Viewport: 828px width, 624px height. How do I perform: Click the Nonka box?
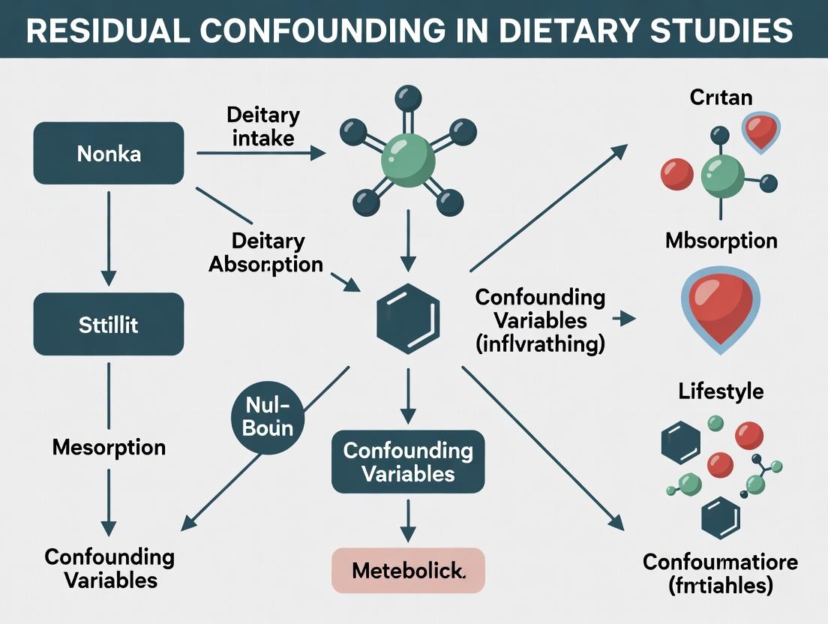click(x=109, y=154)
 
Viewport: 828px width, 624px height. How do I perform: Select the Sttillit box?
click(x=109, y=324)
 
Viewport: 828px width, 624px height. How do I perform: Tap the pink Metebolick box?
click(x=408, y=571)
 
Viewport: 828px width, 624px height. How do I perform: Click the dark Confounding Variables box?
click(x=408, y=461)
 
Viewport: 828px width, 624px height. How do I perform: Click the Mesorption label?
click(x=109, y=448)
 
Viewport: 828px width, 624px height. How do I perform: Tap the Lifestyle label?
click(x=721, y=391)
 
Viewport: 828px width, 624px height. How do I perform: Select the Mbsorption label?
click(x=721, y=241)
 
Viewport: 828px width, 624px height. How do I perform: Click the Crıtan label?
click(x=721, y=97)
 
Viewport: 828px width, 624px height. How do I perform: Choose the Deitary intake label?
click(x=262, y=127)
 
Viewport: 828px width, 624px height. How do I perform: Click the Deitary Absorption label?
click(x=266, y=253)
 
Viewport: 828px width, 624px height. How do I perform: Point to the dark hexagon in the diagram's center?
click(x=407, y=319)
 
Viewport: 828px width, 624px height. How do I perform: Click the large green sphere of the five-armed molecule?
click(x=407, y=159)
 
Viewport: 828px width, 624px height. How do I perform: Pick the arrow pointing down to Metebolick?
click(x=407, y=520)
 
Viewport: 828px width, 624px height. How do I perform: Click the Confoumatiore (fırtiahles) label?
click(x=721, y=574)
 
